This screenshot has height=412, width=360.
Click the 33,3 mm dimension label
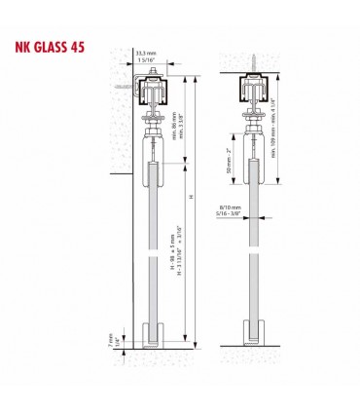[x=145, y=55]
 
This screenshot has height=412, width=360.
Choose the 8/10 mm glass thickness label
[x=231, y=207]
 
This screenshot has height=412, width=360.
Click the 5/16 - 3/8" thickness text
[x=231, y=215]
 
